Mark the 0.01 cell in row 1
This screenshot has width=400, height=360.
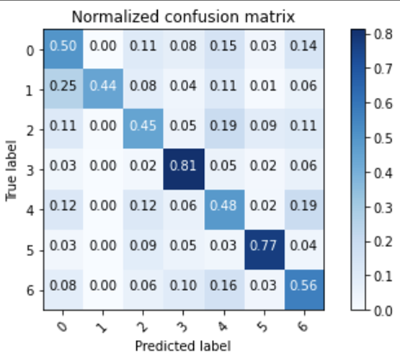(x=263, y=87)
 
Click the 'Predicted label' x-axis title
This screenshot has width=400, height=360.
(x=182, y=345)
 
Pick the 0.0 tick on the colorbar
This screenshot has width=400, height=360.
(x=386, y=311)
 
